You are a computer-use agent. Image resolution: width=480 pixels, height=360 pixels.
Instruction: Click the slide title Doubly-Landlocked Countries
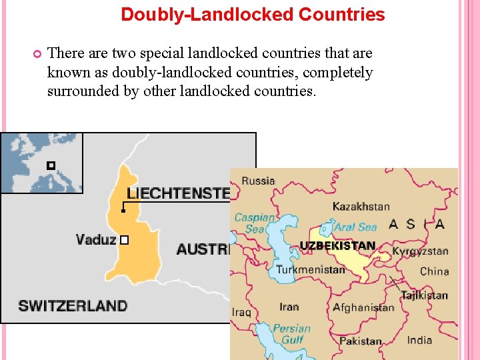tap(253, 14)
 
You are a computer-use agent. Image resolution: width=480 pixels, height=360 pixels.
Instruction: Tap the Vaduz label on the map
tap(96, 239)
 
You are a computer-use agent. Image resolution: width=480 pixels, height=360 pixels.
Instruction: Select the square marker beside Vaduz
tap(123, 239)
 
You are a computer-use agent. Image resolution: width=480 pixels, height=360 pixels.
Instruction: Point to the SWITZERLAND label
tap(73, 306)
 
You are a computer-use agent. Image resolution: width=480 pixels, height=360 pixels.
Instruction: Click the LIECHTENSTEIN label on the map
tap(178, 193)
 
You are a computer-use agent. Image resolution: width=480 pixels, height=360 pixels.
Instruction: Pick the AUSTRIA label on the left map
tap(203, 249)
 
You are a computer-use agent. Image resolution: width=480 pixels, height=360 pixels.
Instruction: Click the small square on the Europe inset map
tap(50, 165)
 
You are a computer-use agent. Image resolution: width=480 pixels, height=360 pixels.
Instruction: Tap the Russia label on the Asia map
tap(258, 181)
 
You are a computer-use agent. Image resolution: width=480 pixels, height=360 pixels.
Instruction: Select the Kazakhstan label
tap(361, 207)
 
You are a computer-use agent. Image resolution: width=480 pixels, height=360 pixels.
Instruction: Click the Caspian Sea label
tap(254, 223)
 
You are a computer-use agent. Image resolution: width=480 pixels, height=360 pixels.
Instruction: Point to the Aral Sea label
tap(355, 227)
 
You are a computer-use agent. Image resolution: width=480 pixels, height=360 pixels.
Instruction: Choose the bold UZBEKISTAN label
tap(337, 246)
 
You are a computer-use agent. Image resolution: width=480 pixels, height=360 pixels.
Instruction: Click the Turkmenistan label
tap(311, 269)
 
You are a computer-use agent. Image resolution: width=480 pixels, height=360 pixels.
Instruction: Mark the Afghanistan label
tap(363, 307)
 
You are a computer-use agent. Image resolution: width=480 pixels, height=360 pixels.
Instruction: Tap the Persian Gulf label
tap(291, 333)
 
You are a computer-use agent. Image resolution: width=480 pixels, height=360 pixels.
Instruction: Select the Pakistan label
tap(361, 341)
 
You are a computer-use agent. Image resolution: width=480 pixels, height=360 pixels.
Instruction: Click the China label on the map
tap(435, 271)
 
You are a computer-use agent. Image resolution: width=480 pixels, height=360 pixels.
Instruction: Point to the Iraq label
tap(241, 312)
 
